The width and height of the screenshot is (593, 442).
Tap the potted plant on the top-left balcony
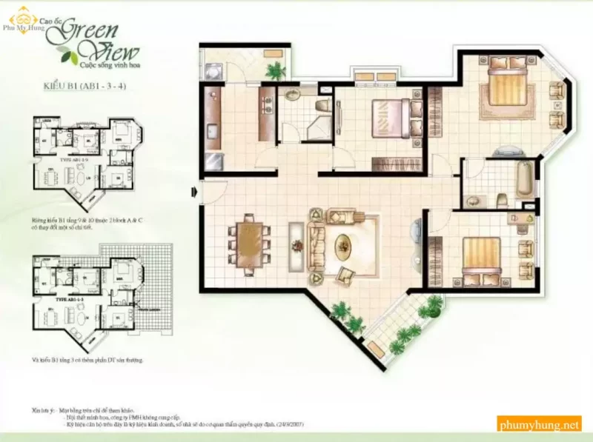click(x=276, y=70)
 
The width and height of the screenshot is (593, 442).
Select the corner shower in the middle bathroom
click(x=320, y=123)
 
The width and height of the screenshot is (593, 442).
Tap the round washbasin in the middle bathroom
click(x=291, y=95)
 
